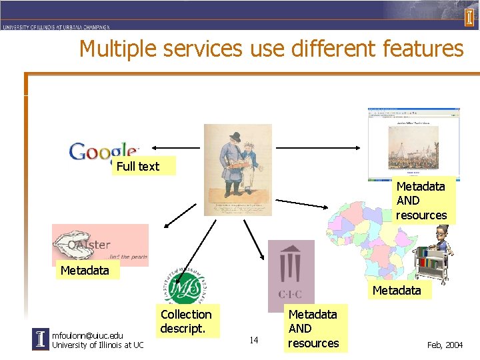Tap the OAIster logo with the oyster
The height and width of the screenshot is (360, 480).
(x=100, y=245)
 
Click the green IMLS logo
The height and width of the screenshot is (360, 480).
(x=183, y=286)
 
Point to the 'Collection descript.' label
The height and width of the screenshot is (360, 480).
(x=186, y=321)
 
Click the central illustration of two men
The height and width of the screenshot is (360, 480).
(x=238, y=169)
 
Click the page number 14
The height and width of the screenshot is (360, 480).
(x=254, y=340)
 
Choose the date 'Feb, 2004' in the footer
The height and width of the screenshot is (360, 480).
(x=444, y=345)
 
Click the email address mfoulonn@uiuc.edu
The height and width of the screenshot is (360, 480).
(x=87, y=335)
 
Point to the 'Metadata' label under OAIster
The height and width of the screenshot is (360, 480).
(x=84, y=270)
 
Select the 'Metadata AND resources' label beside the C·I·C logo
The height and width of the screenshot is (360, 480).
(x=313, y=329)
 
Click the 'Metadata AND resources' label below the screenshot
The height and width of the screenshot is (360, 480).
(x=421, y=201)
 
